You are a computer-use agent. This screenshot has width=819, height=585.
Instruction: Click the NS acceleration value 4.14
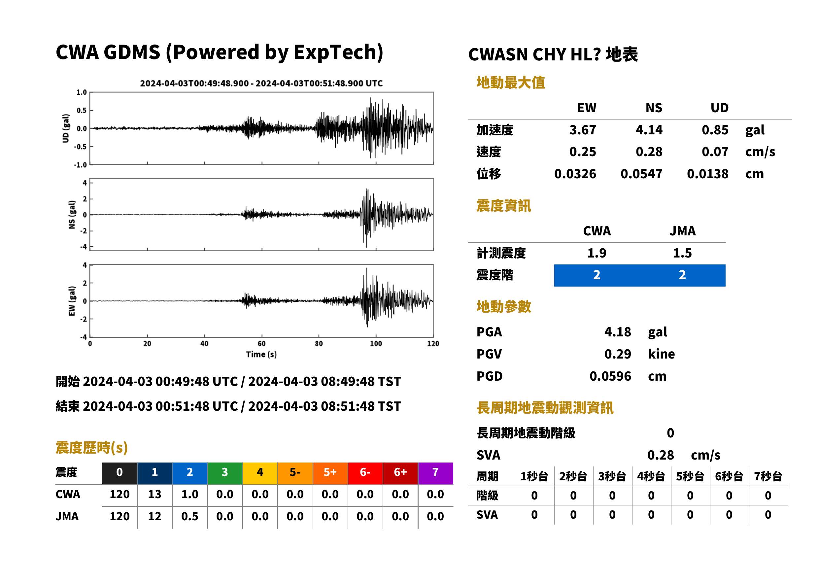tap(649, 130)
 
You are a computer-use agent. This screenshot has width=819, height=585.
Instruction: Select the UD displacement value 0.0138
tap(707, 174)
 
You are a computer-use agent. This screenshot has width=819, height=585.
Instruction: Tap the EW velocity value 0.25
tap(582, 152)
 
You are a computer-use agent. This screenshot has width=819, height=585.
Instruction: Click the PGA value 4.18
tap(617, 332)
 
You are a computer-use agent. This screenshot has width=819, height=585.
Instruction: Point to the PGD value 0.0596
tap(610, 376)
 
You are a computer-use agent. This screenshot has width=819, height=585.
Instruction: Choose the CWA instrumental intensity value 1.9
tap(597, 253)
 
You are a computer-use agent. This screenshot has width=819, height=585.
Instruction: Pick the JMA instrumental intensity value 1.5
tap(682, 253)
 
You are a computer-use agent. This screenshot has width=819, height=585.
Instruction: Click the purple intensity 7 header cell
tap(435, 473)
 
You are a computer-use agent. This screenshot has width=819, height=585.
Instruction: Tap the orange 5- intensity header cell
tap(295, 473)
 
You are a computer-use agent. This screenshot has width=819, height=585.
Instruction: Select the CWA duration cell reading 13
tap(154, 494)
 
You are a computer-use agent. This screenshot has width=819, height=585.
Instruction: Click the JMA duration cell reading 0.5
tap(190, 516)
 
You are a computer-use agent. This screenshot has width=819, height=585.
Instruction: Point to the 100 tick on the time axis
tap(376, 344)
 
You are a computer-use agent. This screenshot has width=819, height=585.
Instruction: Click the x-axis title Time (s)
tap(261, 354)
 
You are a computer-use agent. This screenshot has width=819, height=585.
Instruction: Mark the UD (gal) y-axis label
tap(66, 128)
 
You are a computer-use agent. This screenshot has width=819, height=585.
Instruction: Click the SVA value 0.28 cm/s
tap(684, 455)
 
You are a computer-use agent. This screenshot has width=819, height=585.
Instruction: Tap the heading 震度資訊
tap(503, 206)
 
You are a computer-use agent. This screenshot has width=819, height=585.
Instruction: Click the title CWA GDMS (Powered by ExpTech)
tap(219, 52)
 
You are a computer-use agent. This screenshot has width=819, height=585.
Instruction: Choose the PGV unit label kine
tap(661, 354)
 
